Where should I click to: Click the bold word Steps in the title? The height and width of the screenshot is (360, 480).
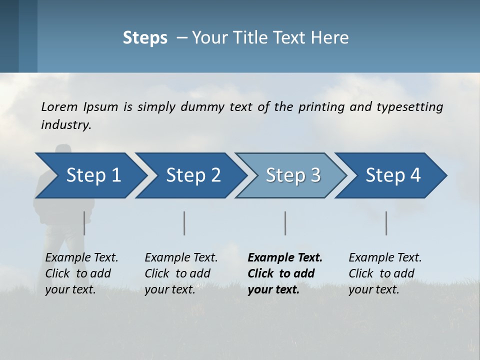(145, 38)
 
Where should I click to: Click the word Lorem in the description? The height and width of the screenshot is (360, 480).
(59, 106)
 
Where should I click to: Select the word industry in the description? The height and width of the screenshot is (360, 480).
(65, 124)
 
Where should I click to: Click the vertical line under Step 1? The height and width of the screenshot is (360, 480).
(84, 223)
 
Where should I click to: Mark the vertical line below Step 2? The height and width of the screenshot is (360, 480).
(184, 223)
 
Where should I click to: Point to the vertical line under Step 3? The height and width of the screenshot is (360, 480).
(285, 223)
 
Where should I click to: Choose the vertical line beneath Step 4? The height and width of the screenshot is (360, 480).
(386, 223)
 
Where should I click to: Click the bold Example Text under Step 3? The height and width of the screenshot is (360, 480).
(285, 258)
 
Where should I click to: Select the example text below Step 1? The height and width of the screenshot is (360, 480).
(81, 273)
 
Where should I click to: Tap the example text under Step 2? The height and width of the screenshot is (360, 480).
(181, 273)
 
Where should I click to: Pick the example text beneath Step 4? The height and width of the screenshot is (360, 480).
(385, 273)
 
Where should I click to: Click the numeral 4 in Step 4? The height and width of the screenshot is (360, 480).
(415, 175)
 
